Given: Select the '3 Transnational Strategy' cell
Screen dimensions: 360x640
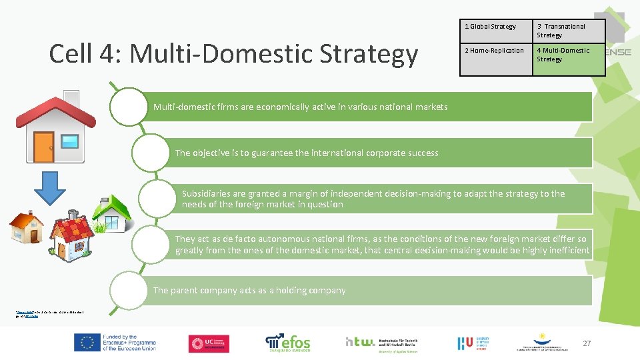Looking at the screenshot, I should (x=568, y=31).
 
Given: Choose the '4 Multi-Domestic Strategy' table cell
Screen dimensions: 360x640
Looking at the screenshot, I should (x=568, y=55).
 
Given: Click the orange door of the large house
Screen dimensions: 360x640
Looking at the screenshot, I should (x=44, y=147).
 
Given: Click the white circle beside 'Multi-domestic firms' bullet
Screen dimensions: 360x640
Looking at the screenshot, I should (x=127, y=107).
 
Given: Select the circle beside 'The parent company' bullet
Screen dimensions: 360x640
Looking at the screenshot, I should (x=128, y=291).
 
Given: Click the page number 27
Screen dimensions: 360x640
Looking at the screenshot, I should (x=587, y=343).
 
